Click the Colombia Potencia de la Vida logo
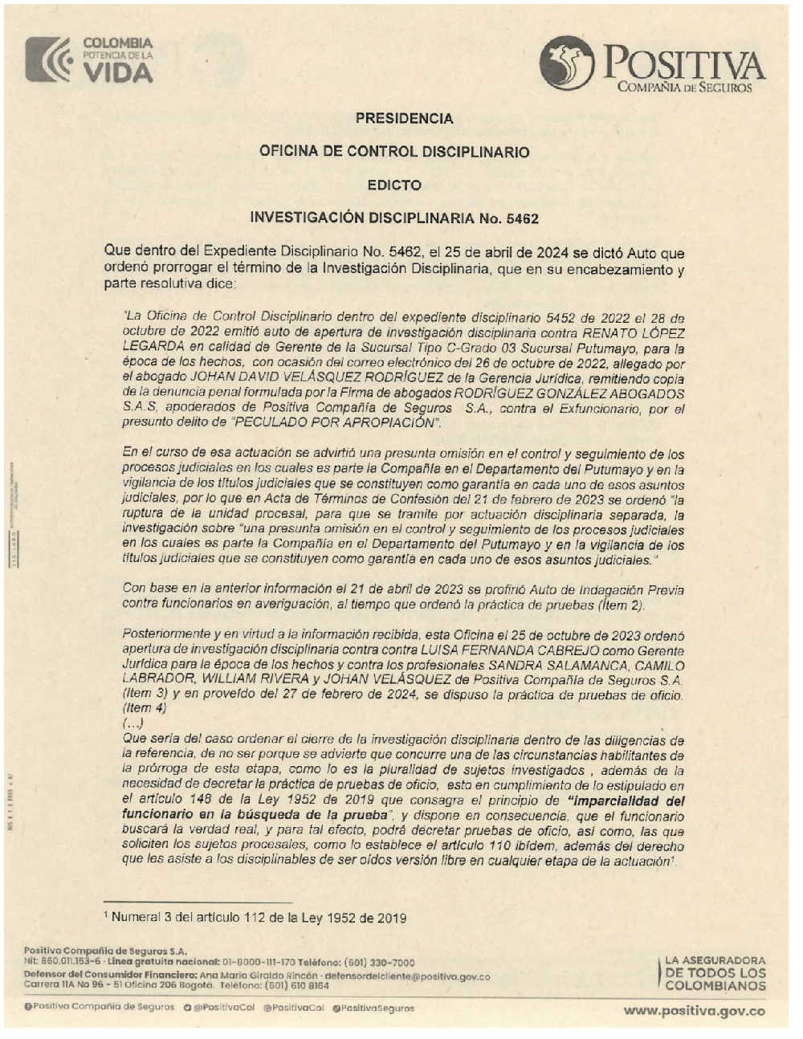pos(89,59)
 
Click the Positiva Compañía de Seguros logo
pos(651,63)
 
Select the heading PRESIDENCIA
pos(404,119)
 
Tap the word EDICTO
pos(394,185)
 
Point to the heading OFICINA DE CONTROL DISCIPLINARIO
pos(394,152)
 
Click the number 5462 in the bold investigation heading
pos(522,218)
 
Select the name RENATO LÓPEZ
pos(633,333)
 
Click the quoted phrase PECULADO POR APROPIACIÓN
pos(335,424)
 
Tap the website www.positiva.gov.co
pos(695,1010)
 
